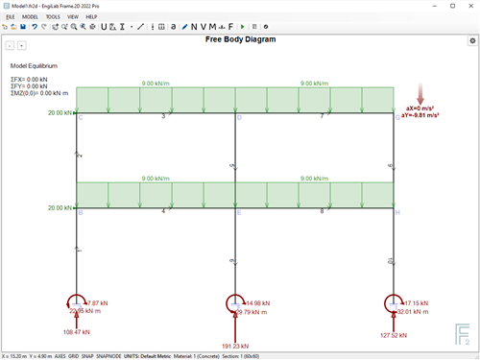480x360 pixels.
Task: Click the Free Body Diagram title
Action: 240,40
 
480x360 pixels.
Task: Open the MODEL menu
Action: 30,16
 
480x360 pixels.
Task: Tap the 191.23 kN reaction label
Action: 235,346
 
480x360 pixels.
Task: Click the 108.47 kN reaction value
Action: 77,332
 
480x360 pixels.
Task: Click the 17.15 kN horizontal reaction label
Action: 416,303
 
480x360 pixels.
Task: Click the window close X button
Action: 469,5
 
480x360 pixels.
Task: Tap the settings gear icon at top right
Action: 471,41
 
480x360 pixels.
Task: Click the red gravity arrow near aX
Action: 420,95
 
